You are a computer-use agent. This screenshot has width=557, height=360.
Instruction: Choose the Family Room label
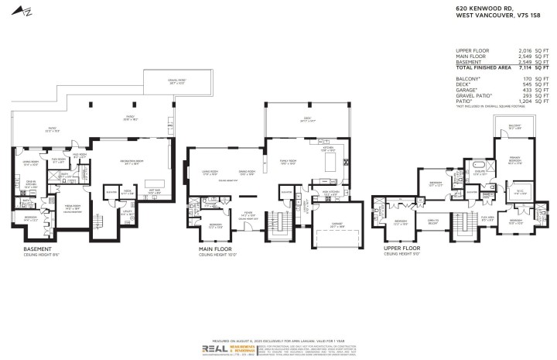coord(289,163)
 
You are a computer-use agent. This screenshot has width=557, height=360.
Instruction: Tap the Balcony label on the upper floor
coord(514,125)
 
